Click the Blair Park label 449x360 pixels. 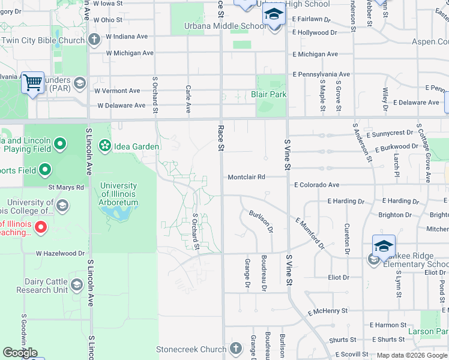coord(269,94)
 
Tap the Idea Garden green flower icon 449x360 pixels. coord(105,146)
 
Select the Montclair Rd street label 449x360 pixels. coord(246,177)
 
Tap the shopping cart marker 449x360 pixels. coord(32,82)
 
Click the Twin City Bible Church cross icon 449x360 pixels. coord(94,40)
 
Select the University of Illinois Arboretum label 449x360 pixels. coord(119,194)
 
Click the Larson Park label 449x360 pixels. coord(428,331)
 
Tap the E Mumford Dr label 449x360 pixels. coord(310,233)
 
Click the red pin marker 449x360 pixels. coord(41,227)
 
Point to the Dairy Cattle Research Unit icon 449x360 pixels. coord(76,285)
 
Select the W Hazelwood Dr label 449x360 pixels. coord(60,254)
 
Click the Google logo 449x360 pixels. coord(20,353)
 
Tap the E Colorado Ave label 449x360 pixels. coord(316,185)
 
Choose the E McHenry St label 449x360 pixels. coord(328,311)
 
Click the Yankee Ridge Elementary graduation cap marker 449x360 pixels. coord(384,246)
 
